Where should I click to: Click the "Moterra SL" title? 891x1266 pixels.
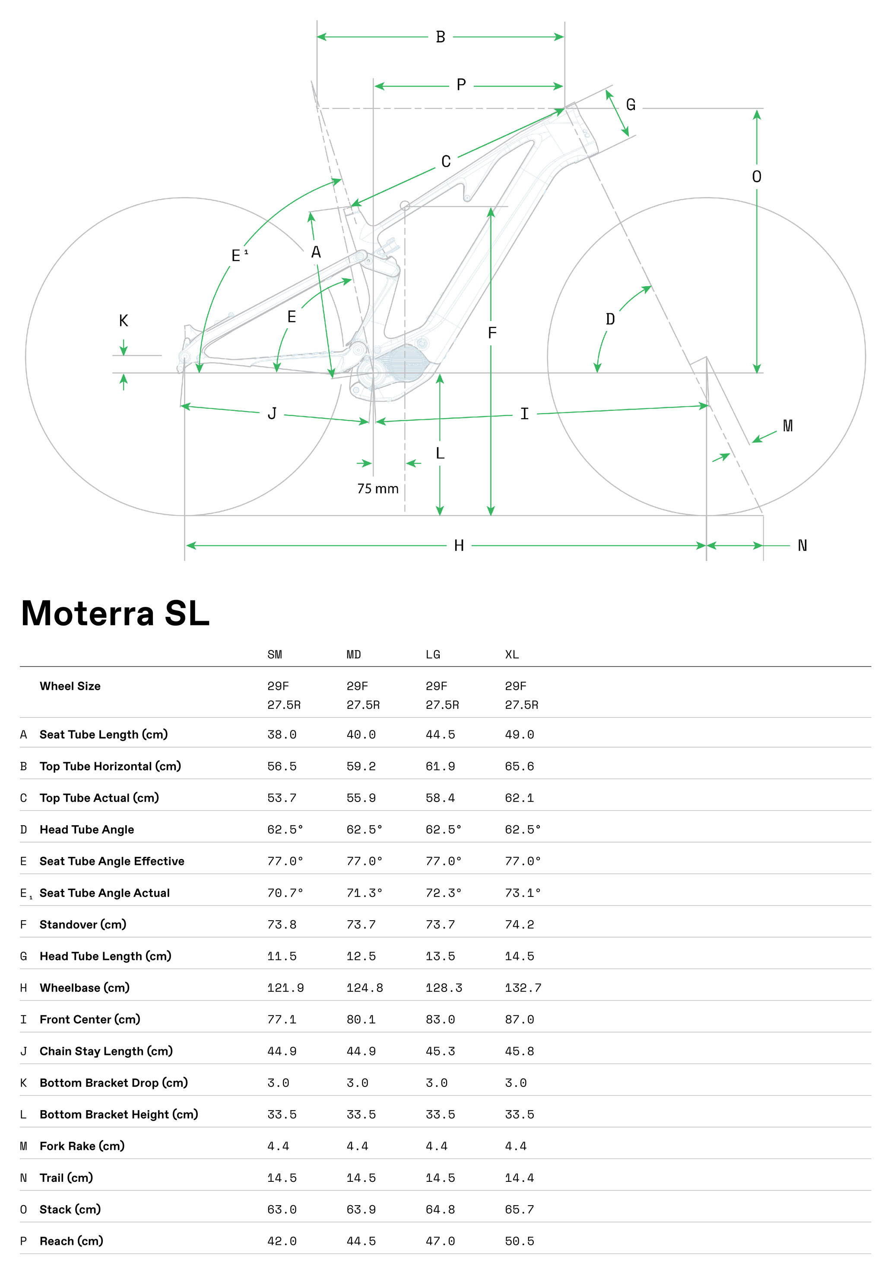click(115, 613)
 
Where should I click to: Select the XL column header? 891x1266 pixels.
click(511, 654)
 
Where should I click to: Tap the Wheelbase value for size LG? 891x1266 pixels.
click(444, 988)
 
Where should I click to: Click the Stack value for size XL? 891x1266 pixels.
click(519, 1210)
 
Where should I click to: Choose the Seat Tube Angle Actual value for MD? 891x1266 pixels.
click(364, 893)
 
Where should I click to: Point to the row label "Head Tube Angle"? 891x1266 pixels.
click(87, 830)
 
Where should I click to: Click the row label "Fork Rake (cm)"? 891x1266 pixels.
click(82, 1146)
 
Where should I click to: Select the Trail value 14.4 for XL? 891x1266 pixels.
click(519, 1178)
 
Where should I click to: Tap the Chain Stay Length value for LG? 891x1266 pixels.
click(440, 1051)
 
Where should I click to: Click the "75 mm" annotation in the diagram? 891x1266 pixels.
click(377, 489)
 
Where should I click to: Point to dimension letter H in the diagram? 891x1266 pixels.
click(459, 546)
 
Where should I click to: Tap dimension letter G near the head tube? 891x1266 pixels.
click(631, 105)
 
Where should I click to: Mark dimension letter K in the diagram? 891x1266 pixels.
click(124, 321)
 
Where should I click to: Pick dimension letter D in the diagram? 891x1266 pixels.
click(610, 319)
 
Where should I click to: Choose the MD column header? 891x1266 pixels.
click(354, 654)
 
